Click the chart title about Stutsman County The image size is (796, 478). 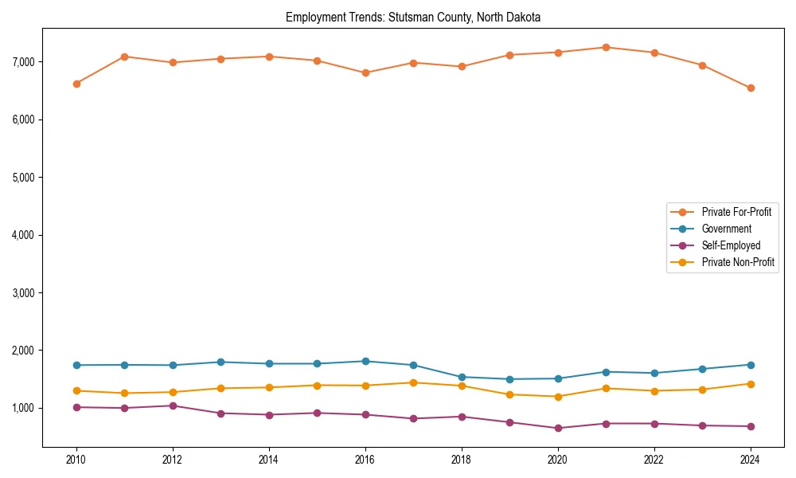(413, 17)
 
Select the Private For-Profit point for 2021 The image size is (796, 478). (606, 47)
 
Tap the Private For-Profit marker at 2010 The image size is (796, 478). (76, 84)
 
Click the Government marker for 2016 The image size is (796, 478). (365, 361)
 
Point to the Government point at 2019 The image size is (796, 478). (509, 379)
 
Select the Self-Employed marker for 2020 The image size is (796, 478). (558, 429)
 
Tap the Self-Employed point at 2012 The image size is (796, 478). (173, 406)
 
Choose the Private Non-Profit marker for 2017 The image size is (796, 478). (413, 382)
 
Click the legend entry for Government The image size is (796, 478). (726, 229)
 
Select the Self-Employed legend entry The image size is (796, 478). (731, 245)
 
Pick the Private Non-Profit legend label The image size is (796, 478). (738, 262)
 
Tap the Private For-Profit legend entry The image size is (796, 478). (736, 212)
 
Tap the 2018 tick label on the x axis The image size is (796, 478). (462, 459)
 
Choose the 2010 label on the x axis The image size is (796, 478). (76, 459)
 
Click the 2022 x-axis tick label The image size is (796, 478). (654, 459)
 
